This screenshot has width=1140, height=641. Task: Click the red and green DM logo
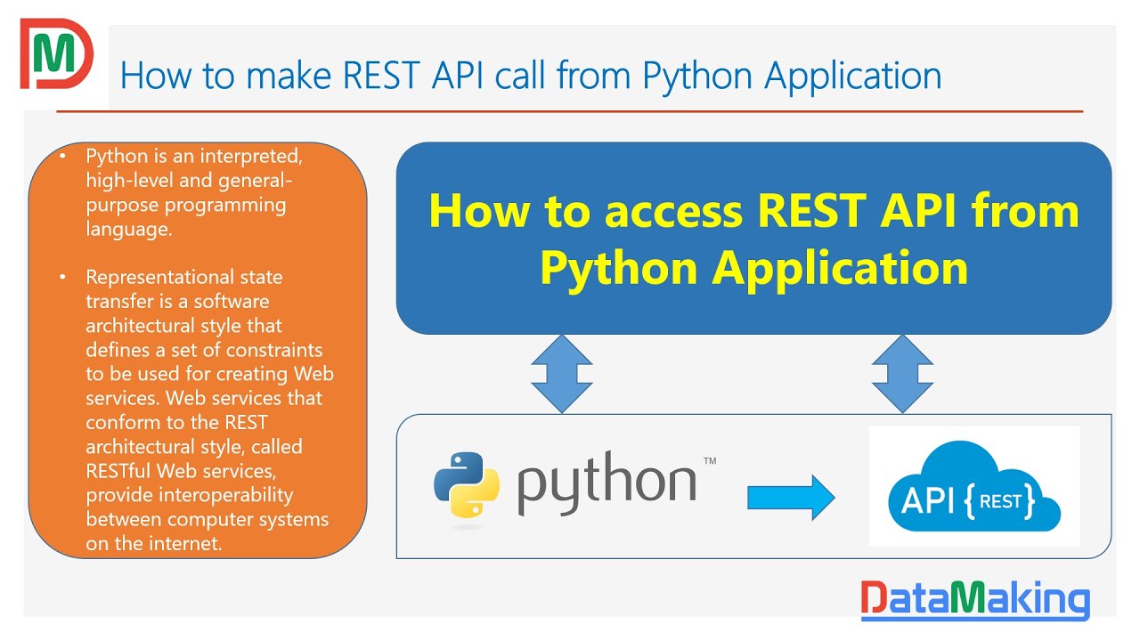56,53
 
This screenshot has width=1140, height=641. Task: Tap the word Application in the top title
853,77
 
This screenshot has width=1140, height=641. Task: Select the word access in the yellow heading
674,212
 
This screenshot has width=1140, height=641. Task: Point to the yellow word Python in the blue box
618,270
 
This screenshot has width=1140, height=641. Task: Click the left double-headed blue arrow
562,374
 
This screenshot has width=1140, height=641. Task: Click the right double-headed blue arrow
902,374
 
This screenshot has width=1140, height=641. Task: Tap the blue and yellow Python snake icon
467,485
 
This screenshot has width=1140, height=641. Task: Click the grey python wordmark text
607,483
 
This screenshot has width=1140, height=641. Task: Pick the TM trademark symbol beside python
710,461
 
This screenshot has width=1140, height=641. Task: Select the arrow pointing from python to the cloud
791,498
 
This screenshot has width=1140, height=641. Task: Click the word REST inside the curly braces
1000,501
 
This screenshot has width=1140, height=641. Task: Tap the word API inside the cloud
927,501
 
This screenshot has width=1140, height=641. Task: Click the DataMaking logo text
975,599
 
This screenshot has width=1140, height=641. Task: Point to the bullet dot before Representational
62,277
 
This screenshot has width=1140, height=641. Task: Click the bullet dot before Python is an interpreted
62,156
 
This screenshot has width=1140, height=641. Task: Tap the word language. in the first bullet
129,230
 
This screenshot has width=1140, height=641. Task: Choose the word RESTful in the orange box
118,471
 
